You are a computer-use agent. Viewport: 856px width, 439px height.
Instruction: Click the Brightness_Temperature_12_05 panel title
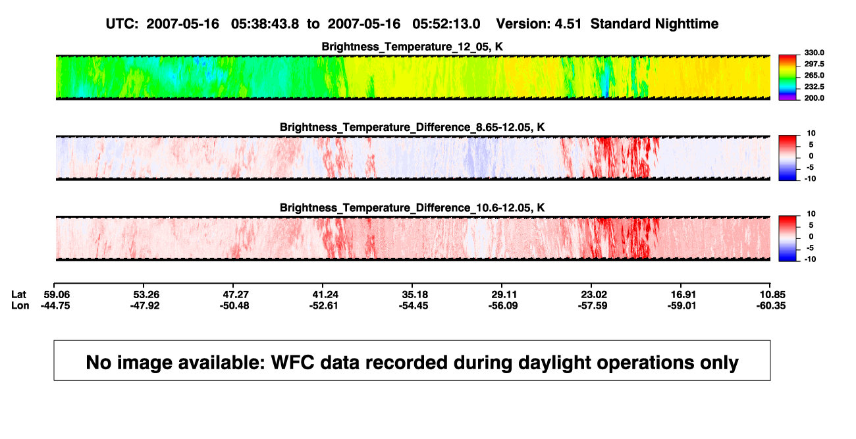coord(412,47)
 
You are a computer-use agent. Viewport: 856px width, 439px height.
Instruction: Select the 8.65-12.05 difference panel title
coord(412,127)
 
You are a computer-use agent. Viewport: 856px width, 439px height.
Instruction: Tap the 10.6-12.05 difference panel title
coord(412,208)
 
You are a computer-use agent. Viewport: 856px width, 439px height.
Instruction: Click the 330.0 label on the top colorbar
coord(814,53)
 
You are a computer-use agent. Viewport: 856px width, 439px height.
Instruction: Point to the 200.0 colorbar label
coord(814,98)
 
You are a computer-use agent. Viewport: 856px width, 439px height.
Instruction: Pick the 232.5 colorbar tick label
coord(814,87)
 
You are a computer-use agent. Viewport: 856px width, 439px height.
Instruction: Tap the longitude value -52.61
coord(324,305)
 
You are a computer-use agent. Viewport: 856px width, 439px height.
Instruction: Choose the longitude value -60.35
coord(771,305)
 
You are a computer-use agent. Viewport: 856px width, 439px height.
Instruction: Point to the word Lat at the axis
coord(18,295)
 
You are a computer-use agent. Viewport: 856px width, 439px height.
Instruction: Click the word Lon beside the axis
coord(20,305)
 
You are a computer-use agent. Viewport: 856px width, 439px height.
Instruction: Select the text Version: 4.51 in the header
coord(539,24)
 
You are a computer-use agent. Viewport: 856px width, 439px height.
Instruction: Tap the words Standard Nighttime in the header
coord(655,24)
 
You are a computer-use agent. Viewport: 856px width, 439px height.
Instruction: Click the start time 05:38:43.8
coord(265,24)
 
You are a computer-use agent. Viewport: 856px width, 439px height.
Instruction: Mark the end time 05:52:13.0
coord(446,24)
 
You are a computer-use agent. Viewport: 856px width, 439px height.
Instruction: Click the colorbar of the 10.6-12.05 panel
coord(788,238)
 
